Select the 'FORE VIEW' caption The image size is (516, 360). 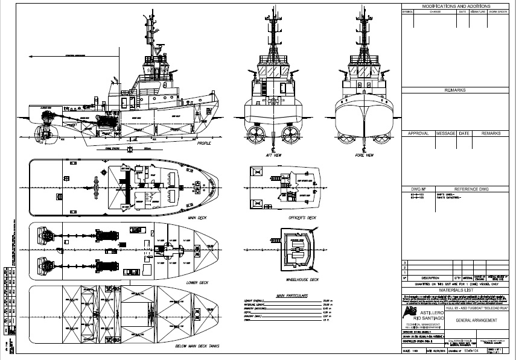click(365, 155)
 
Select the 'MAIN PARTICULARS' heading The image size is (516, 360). click(292, 296)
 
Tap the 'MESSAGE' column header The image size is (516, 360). click(446, 133)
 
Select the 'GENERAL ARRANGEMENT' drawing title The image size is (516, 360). click(477, 320)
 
